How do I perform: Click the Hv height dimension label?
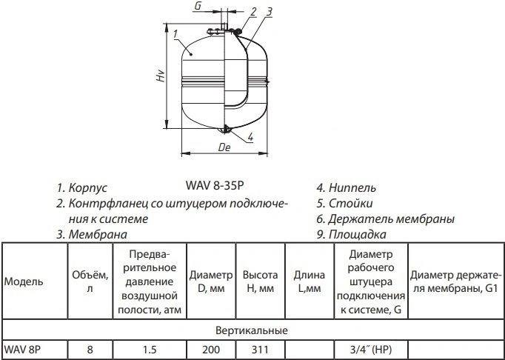161,76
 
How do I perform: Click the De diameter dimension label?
224,147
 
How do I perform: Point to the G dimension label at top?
198,6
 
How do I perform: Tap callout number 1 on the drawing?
175,34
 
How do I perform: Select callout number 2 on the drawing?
253,12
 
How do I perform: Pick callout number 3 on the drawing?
270,12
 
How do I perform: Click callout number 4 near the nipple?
250,137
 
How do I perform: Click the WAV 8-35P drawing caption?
215,186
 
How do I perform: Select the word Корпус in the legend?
88,188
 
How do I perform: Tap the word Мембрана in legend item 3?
98,234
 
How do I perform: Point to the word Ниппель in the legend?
352,188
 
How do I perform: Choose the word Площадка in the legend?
357,234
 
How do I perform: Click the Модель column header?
24,281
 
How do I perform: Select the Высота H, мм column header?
260,281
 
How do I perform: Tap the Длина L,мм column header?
310,281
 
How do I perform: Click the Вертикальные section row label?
252,330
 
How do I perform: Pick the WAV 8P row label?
22,350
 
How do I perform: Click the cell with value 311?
260,350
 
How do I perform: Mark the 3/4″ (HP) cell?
371,350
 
